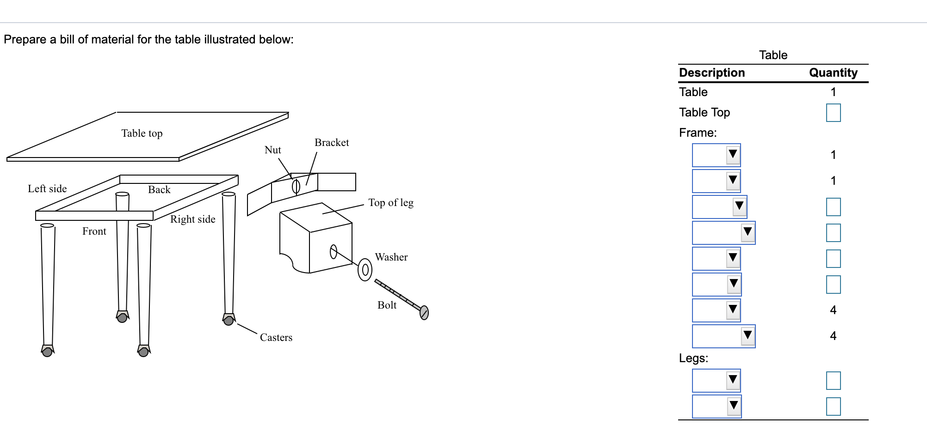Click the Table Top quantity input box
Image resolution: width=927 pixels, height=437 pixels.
[x=833, y=113]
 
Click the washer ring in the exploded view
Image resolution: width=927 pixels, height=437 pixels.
[x=365, y=270]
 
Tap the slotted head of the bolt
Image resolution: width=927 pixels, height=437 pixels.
[x=424, y=313]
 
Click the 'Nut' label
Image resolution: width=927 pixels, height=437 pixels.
[x=272, y=150]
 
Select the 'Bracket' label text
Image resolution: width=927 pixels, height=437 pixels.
[x=332, y=143]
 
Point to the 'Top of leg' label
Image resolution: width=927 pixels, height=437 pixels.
[x=391, y=203]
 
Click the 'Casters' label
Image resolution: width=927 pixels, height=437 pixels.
[x=276, y=338]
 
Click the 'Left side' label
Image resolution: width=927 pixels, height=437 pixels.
[x=47, y=189]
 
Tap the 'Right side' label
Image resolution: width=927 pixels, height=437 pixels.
[x=193, y=219]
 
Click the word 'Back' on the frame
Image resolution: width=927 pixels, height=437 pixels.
[x=159, y=190]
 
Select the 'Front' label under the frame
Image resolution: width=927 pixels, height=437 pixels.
[x=94, y=231]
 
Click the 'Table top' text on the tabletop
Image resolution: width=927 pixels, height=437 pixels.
[x=142, y=134]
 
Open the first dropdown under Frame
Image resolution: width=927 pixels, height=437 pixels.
[x=716, y=155]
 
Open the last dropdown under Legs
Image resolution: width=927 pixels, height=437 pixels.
[x=717, y=407]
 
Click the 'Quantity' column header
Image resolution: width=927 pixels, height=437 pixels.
[x=833, y=73]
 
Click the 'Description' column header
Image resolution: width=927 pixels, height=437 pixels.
[x=712, y=73]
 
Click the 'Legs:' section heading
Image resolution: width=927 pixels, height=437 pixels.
[x=693, y=358]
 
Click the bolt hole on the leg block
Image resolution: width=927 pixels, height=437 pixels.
[x=333, y=252]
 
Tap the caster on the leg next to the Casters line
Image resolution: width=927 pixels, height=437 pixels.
[x=229, y=320]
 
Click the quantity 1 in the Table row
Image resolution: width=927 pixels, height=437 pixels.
[x=833, y=92]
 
